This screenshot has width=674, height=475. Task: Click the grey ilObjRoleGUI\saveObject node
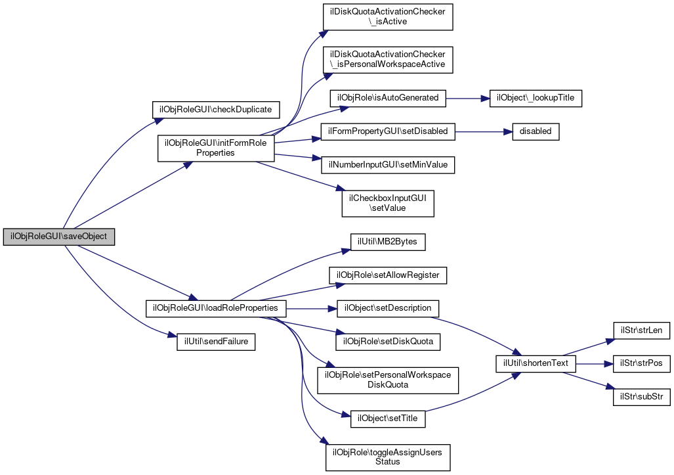pyautogui.click(x=59, y=237)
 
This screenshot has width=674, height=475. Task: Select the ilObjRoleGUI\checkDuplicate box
pyautogui.click(x=216, y=110)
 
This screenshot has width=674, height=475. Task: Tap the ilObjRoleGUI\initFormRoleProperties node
pyautogui.click(x=216, y=148)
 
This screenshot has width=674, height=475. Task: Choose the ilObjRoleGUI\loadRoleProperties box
pyautogui.click(x=216, y=308)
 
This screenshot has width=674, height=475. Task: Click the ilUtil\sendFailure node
pyautogui.click(x=216, y=342)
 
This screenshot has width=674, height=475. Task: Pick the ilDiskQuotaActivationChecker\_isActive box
pyautogui.click(x=388, y=17)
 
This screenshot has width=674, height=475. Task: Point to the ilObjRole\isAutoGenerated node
pyautogui.click(x=388, y=98)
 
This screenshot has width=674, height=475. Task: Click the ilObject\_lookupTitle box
pyautogui.click(x=536, y=98)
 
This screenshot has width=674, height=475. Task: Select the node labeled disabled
pyautogui.click(x=536, y=131)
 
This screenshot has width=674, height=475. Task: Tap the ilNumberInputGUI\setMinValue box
pyautogui.click(x=388, y=165)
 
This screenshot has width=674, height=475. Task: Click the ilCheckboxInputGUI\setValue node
pyautogui.click(x=388, y=204)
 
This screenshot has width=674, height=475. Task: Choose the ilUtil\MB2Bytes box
pyautogui.click(x=388, y=242)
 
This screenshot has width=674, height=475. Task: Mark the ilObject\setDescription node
pyautogui.click(x=388, y=309)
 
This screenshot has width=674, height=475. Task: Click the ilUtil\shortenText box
pyautogui.click(x=536, y=363)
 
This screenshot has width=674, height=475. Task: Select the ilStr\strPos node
pyautogui.click(x=641, y=364)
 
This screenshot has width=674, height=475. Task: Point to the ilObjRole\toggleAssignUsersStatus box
pyautogui.click(x=388, y=457)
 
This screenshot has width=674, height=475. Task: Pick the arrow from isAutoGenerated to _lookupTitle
pyautogui.click(x=468, y=98)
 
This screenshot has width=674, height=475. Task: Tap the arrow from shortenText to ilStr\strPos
pyautogui.click(x=595, y=364)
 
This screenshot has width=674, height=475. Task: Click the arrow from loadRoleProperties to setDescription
pyautogui.click(x=311, y=309)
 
